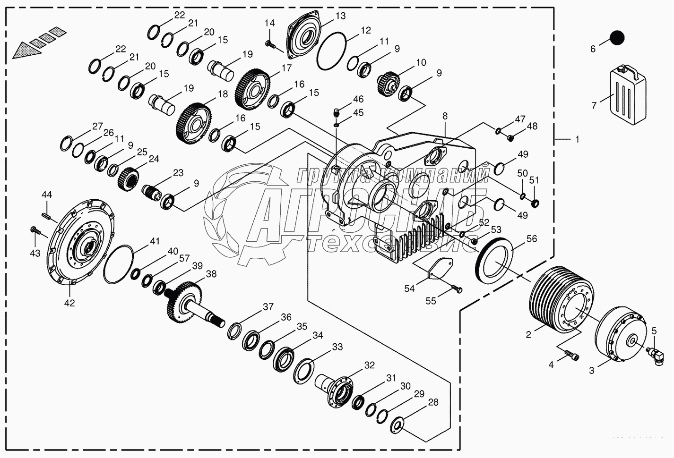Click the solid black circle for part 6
point(616,38)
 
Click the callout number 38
point(211,274)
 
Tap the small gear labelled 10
point(389,81)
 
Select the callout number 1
point(577,140)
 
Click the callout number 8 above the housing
point(445,116)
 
